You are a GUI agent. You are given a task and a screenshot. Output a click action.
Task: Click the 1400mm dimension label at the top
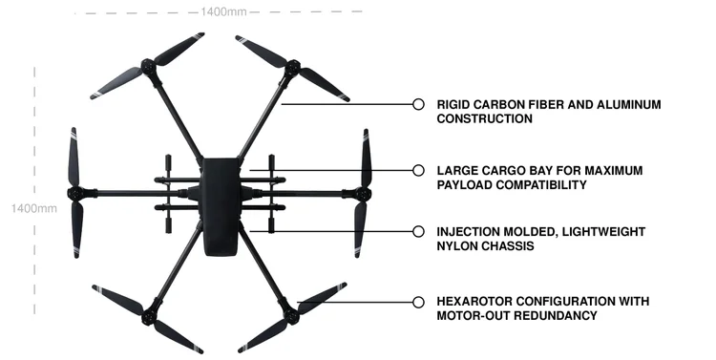224,11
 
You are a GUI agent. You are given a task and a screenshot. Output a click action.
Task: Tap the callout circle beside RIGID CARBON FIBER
417,104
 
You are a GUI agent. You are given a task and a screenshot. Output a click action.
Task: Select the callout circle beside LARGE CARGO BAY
417,170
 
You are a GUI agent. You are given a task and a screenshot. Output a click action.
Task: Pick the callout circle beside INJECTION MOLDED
417,232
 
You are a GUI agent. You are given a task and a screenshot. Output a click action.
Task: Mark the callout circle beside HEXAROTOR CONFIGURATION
417,302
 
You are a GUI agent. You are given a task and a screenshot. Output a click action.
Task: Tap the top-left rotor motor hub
147,67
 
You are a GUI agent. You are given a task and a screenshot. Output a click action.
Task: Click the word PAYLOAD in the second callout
466,184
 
